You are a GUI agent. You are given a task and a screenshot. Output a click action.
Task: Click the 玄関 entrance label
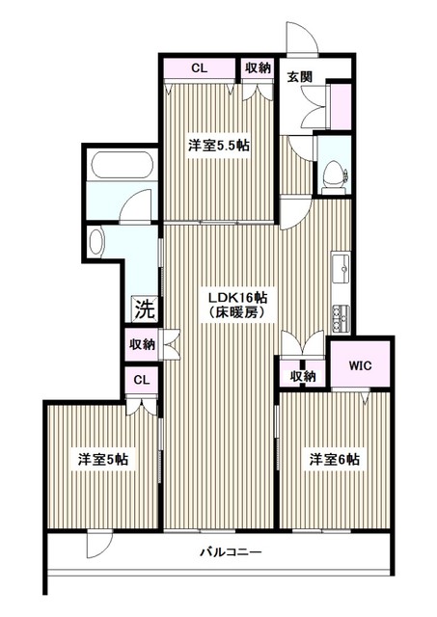298,77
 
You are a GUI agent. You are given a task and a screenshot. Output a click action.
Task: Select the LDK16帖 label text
237,297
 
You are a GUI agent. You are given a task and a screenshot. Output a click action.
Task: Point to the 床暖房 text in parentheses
236,313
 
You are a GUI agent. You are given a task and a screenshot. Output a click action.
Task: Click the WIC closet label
361,365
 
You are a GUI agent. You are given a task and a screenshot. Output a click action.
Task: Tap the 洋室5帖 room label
103,460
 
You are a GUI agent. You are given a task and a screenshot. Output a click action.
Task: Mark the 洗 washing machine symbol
144,310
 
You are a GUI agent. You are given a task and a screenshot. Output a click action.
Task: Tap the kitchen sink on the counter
342,268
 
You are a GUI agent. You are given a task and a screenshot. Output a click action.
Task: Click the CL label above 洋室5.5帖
199,68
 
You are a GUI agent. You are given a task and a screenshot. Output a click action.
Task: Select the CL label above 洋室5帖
141,379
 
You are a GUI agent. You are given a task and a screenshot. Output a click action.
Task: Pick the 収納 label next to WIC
303,376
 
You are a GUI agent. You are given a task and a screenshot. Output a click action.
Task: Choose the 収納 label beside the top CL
258,68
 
